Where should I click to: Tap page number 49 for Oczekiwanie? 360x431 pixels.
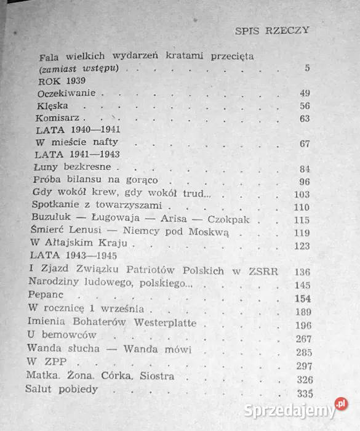coord(303,93)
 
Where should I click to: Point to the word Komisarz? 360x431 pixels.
coord(58,118)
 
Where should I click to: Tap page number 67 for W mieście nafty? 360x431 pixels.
coord(303,144)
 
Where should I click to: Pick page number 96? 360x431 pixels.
coord(303,182)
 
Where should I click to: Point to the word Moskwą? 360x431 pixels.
coord(211,232)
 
